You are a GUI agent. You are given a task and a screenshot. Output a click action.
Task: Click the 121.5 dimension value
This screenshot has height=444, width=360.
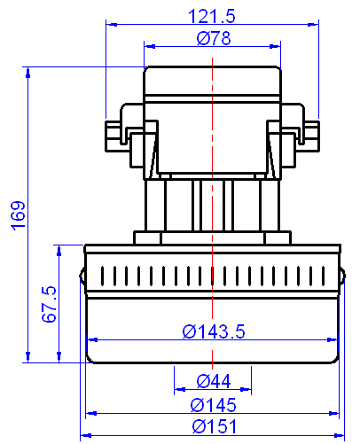[x=212, y=16]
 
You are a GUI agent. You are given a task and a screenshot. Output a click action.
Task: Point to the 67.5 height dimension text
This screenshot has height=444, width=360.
[x=50, y=304]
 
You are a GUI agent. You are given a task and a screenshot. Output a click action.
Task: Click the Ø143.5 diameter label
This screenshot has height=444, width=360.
[x=213, y=331]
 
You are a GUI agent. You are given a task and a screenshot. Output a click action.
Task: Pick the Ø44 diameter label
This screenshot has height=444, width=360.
[x=213, y=381]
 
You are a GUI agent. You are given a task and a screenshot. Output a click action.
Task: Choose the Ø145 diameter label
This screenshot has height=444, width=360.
[x=213, y=405]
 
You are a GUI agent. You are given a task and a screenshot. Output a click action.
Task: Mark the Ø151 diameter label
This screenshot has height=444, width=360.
[x=213, y=426]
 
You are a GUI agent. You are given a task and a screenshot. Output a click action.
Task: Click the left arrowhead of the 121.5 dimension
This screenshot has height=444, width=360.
[x=111, y=24]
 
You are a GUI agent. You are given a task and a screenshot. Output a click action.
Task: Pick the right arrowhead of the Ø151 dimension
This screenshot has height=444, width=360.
[x=339, y=434]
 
